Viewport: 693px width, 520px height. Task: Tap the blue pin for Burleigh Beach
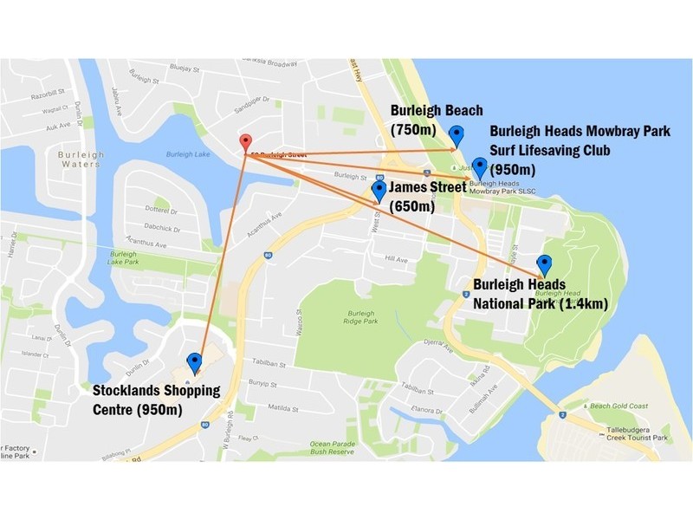click(x=457, y=135)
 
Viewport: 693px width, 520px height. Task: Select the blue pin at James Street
click(x=379, y=192)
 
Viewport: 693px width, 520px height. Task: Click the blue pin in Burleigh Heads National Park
click(x=544, y=265)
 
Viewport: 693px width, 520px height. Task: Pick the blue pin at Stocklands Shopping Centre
click(x=194, y=362)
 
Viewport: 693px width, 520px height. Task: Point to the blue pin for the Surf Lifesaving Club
click(x=479, y=167)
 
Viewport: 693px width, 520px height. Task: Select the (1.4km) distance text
click(x=584, y=304)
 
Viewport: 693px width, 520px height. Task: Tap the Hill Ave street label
click(x=396, y=259)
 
